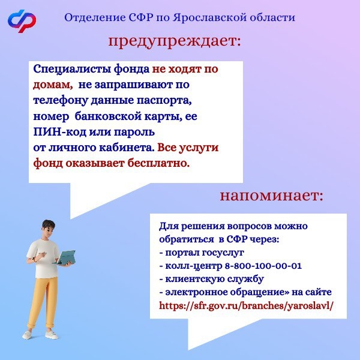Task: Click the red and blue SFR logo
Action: (22, 21)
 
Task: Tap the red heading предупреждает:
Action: (175, 41)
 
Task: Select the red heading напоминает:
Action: (272, 196)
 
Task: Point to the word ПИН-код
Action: (59, 132)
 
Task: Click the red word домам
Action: (53, 85)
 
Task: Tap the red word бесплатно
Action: (159, 163)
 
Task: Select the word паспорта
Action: (164, 101)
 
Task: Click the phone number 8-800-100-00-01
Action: (263, 266)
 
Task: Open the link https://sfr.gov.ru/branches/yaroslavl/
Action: (246, 306)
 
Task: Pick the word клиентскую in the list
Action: (194, 279)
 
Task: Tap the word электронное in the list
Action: (196, 292)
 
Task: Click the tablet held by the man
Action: (65, 257)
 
